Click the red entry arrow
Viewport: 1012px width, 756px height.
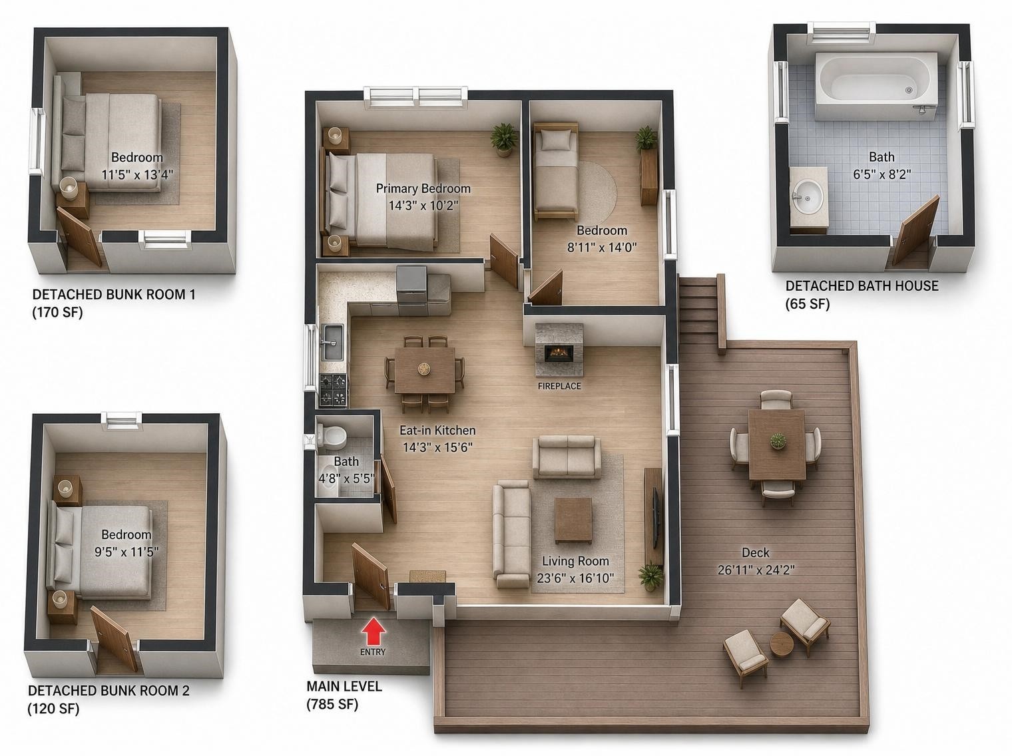point(373,631)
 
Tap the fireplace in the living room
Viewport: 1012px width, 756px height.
point(559,351)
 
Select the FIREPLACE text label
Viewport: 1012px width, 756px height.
point(559,386)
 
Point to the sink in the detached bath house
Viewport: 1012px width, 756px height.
point(808,197)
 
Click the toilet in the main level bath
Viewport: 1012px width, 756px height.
point(333,435)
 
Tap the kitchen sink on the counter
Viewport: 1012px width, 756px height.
point(332,342)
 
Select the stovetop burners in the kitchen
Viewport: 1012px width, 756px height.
point(334,390)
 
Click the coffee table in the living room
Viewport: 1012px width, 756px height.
point(573,520)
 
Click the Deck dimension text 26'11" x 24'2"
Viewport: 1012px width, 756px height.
point(756,570)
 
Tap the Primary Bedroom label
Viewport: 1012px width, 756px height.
point(423,188)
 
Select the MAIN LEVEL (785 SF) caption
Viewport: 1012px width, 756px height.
point(344,695)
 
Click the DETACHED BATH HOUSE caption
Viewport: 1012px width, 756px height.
point(862,286)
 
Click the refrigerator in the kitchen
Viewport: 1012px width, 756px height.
point(412,285)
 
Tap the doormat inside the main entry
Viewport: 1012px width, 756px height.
point(428,577)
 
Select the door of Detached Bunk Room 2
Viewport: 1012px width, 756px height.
point(115,638)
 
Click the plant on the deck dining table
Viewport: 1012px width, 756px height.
point(778,441)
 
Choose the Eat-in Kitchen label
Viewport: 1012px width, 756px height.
point(437,431)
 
